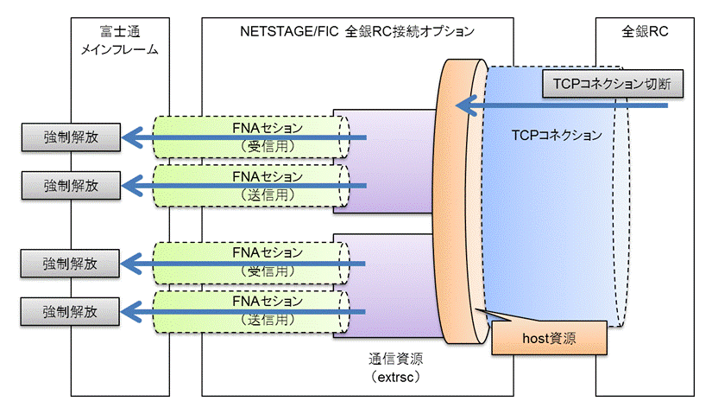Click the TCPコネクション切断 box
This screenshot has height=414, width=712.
pos(613,84)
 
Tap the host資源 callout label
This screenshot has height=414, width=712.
pos(549,338)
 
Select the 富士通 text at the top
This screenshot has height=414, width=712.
pos(120,31)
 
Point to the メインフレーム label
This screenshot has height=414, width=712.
pos(120,49)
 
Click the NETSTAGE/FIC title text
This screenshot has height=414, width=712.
pos(289,31)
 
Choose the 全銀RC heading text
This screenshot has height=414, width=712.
pos(645,31)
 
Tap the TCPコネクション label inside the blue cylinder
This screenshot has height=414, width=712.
pos(557,135)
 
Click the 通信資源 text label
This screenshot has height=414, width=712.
pos(395,359)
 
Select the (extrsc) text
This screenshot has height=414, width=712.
pos(395,377)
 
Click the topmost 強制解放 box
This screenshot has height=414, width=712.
pos(72,137)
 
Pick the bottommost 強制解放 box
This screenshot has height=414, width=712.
pos(70,312)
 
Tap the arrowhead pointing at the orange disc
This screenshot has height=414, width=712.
pos(466,105)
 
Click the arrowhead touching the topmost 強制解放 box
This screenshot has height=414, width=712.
pos(133,137)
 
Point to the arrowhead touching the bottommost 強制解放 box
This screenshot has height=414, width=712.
pos(132,312)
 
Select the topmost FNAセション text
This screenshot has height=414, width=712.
pos(268,128)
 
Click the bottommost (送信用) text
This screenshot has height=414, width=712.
pos(268,320)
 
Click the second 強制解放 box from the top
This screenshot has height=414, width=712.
pos(72,186)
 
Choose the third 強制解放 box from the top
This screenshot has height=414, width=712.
pos(70,264)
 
